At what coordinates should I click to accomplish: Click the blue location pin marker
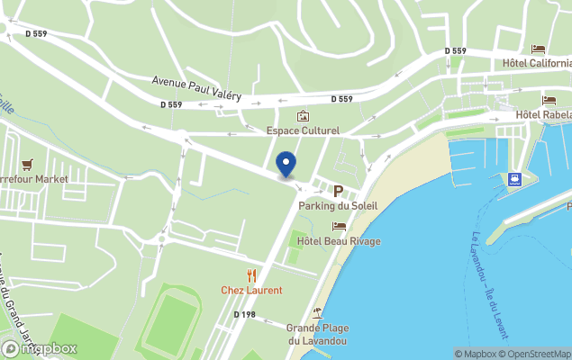(286, 164)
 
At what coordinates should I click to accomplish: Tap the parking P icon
(339, 191)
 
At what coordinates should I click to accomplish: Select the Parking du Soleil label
(338, 206)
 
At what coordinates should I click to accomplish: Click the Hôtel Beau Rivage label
(340, 241)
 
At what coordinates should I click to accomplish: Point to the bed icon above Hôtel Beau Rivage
(339, 227)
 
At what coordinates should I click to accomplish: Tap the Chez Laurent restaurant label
(251, 290)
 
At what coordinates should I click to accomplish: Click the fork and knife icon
(251, 275)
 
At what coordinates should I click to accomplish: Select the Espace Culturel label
(303, 130)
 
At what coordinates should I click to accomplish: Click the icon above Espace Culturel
(303, 116)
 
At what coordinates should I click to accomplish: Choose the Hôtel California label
(537, 63)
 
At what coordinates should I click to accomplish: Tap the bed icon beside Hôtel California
(538, 49)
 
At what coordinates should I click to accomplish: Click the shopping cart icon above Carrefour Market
(26, 165)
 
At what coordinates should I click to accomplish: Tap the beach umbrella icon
(317, 313)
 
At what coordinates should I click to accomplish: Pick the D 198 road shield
(245, 314)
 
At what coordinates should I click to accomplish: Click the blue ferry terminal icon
(514, 178)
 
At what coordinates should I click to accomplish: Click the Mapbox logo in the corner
(40, 348)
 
